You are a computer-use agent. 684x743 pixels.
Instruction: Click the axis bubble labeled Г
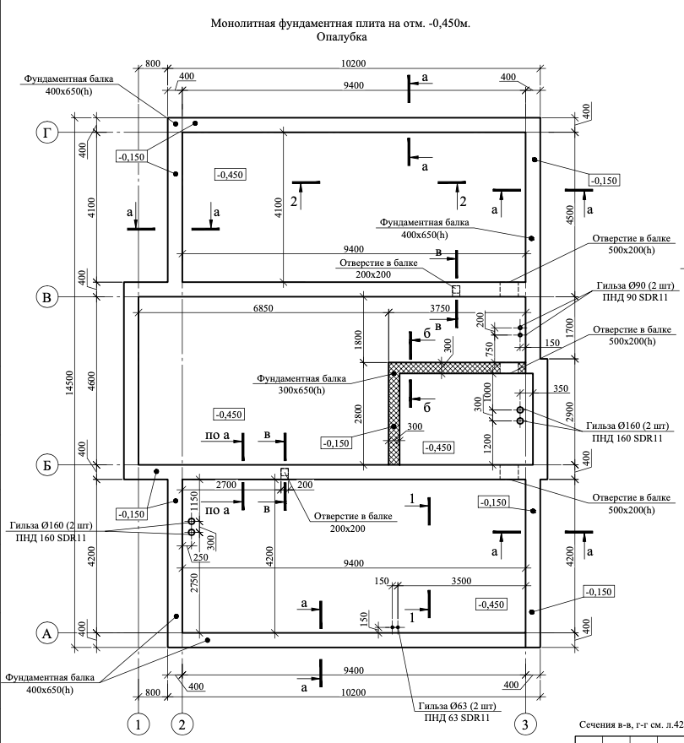pos(47,133)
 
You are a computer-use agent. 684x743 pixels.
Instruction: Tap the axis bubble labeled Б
pos(47,465)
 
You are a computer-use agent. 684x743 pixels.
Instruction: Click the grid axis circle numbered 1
pos(138,724)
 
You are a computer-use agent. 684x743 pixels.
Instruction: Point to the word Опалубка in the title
pos(342,36)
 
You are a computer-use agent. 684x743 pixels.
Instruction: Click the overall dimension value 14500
pos(70,382)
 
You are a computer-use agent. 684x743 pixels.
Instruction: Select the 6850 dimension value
pos(263,308)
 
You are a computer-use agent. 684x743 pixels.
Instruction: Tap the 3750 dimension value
pos(440,308)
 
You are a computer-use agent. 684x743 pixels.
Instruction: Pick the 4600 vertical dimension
pos(91,381)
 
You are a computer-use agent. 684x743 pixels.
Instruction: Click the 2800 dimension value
pos(358,413)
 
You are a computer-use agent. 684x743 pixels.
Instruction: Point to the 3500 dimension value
pos(461,581)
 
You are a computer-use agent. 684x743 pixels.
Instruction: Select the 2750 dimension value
pos(194,583)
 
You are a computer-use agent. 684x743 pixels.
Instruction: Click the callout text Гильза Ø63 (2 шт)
pos(458,706)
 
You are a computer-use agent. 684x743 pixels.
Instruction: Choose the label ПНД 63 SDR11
pos(457,718)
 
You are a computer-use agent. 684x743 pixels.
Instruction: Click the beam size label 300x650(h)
pos(301,390)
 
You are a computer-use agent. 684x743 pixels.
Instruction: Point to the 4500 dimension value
pos(570,214)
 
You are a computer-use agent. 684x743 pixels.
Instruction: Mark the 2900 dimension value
pos(570,412)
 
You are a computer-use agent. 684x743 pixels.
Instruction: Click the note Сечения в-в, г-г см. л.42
pos(632,724)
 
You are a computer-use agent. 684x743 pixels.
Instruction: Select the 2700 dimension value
pos(226,485)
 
